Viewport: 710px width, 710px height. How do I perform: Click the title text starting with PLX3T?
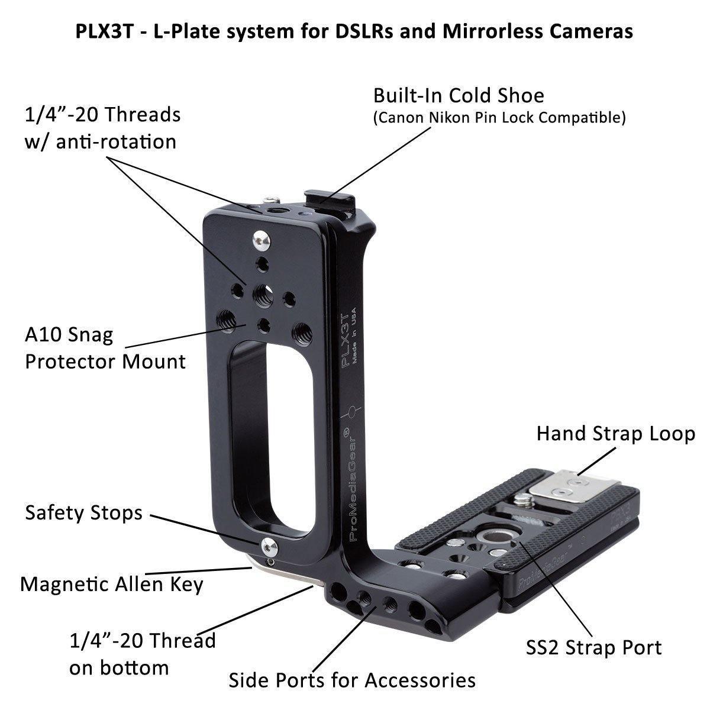coord(354,31)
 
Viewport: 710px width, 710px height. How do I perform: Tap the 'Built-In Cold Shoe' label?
coord(459,95)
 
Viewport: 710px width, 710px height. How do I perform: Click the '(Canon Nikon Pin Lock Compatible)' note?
coord(499,117)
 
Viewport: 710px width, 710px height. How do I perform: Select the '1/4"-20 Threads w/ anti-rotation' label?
coord(102,127)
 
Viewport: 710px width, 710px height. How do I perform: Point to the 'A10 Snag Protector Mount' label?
coord(105,348)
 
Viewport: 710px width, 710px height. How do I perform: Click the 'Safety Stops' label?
coord(83,512)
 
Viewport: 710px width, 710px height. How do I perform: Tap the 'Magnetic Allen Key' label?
coord(112,584)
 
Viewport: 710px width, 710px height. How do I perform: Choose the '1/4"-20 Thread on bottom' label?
coord(142,654)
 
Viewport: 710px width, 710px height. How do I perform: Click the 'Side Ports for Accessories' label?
coord(352,680)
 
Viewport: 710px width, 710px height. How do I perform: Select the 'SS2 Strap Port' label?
coord(593,647)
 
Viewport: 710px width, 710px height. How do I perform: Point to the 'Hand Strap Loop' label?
coord(615,434)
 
